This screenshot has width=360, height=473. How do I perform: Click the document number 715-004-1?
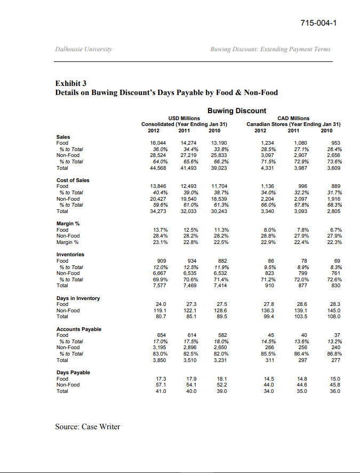pos(319,23)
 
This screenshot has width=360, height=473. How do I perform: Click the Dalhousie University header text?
pos(84,49)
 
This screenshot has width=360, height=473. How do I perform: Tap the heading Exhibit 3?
pos(71,83)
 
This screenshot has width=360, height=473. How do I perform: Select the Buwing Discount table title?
pos(236,111)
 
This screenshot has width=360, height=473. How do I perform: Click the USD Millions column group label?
pos(184,118)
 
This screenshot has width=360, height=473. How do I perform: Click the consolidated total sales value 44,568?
pos(159,168)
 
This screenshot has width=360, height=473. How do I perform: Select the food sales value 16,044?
pos(159,143)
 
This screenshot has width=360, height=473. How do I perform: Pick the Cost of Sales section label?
pos(73,180)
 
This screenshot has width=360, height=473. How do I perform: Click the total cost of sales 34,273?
pos(159,211)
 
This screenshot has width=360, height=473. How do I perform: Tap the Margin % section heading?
pos(68,224)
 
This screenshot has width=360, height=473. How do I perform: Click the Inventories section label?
pos(70,255)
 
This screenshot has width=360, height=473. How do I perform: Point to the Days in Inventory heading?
pos(78,298)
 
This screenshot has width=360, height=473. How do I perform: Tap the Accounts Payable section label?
pos(79,329)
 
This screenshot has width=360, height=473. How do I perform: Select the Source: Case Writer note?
pos(87,427)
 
